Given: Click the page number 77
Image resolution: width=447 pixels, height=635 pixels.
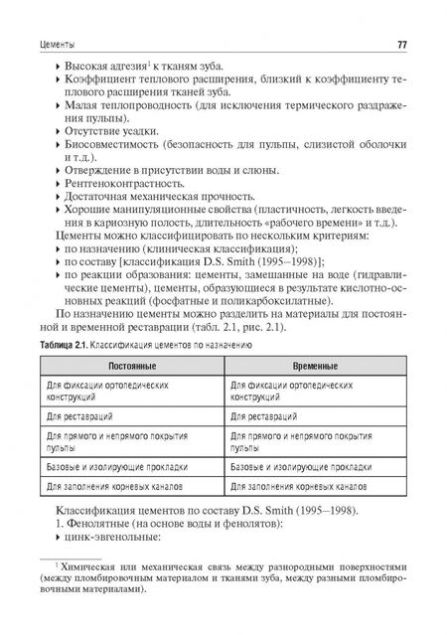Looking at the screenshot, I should click(x=402, y=43).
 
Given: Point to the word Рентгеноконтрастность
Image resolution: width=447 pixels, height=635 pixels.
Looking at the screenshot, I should click(x=120, y=183).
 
